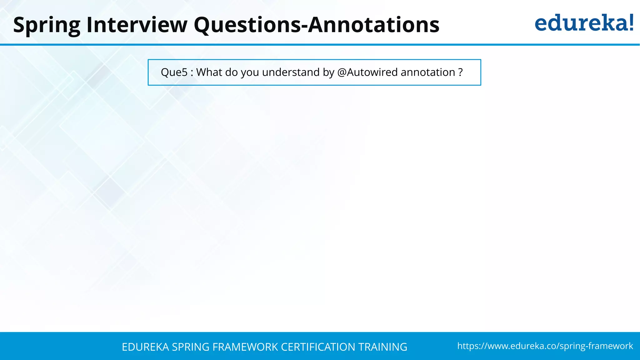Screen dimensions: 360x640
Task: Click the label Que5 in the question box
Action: click(x=174, y=72)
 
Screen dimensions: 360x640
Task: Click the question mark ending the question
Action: click(x=460, y=72)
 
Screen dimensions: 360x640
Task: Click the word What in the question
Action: click(x=209, y=72)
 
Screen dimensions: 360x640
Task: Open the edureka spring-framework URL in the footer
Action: click(x=545, y=346)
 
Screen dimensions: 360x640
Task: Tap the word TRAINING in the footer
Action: click(x=382, y=347)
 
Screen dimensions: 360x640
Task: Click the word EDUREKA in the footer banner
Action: click(x=145, y=347)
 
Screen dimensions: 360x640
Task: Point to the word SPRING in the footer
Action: click(x=191, y=347)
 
